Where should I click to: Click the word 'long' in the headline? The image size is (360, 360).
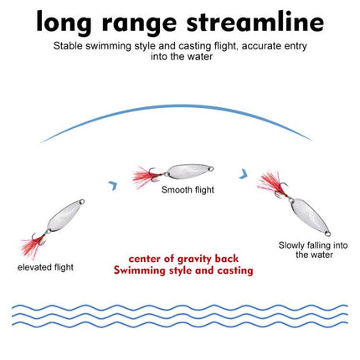[x=64, y=23]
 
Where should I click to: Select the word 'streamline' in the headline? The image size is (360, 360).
[x=255, y=21]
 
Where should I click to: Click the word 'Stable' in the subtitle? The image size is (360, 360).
[x=68, y=46]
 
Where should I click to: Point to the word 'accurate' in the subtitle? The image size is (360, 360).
[x=261, y=46]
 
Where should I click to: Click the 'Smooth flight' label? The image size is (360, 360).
[x=188, y=190]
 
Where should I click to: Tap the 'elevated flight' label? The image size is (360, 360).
[x=45, y=267]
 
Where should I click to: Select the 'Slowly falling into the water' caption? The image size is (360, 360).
[x=313, y=250]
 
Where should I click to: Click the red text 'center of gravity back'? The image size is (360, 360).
[x=183, y=259]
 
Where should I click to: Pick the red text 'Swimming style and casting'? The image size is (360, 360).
[x=183, y=270]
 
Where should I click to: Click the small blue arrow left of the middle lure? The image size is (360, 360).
[x=113, y=185]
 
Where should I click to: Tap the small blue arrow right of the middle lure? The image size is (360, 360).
[x=244, y=173]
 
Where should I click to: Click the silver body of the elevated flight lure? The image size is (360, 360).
[x=62, y=215]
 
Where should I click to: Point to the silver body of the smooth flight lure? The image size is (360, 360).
[x=188, y=171]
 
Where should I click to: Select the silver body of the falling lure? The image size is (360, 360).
[x=307, y=214]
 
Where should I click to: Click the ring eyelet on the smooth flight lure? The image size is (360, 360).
[x=211, y=169]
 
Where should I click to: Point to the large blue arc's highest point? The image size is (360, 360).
[x=176, y=105]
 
